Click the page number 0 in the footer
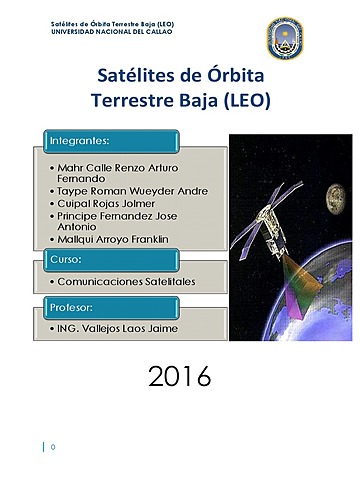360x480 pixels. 53,447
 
